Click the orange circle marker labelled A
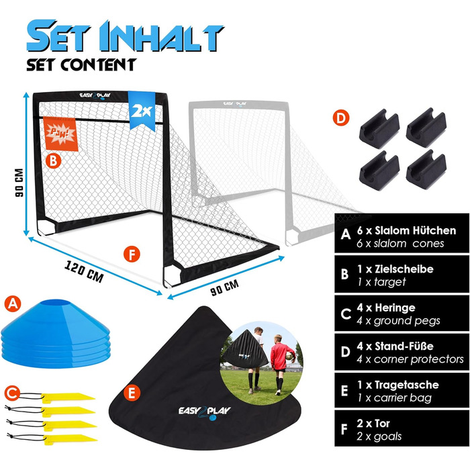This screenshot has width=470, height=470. click(x=13, y=303)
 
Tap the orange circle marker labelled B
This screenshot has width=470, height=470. click(x=53, y=161)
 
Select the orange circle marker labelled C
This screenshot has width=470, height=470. click(x=12, y=393)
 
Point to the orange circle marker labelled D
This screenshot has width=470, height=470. click(x=341, y=117)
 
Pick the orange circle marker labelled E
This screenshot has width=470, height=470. click(x=132, y=393)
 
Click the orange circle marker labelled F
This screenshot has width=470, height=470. click(x=132, y=254)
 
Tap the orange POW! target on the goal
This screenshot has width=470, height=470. click(x=60, y=134)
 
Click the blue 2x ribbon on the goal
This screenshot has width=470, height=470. click(x=142, y=111)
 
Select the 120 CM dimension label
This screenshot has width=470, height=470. click(x=84, y=272)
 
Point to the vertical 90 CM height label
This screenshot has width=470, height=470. click(x=19, y=182)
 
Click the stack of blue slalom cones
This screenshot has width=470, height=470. click(x=56, y=333)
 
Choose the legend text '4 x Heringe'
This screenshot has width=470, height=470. click(x=386, y=308)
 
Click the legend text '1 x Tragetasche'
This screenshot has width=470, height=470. click(x=398, y=385)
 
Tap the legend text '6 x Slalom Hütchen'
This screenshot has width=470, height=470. click(x=406, y=230)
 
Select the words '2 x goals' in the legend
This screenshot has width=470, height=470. click(x=379, y=436)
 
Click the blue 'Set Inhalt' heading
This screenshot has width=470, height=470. click(x=125, y=36)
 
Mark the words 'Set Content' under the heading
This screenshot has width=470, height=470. click(x=81, y=64)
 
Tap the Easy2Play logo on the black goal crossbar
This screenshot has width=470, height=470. click(x=95, y=95)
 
